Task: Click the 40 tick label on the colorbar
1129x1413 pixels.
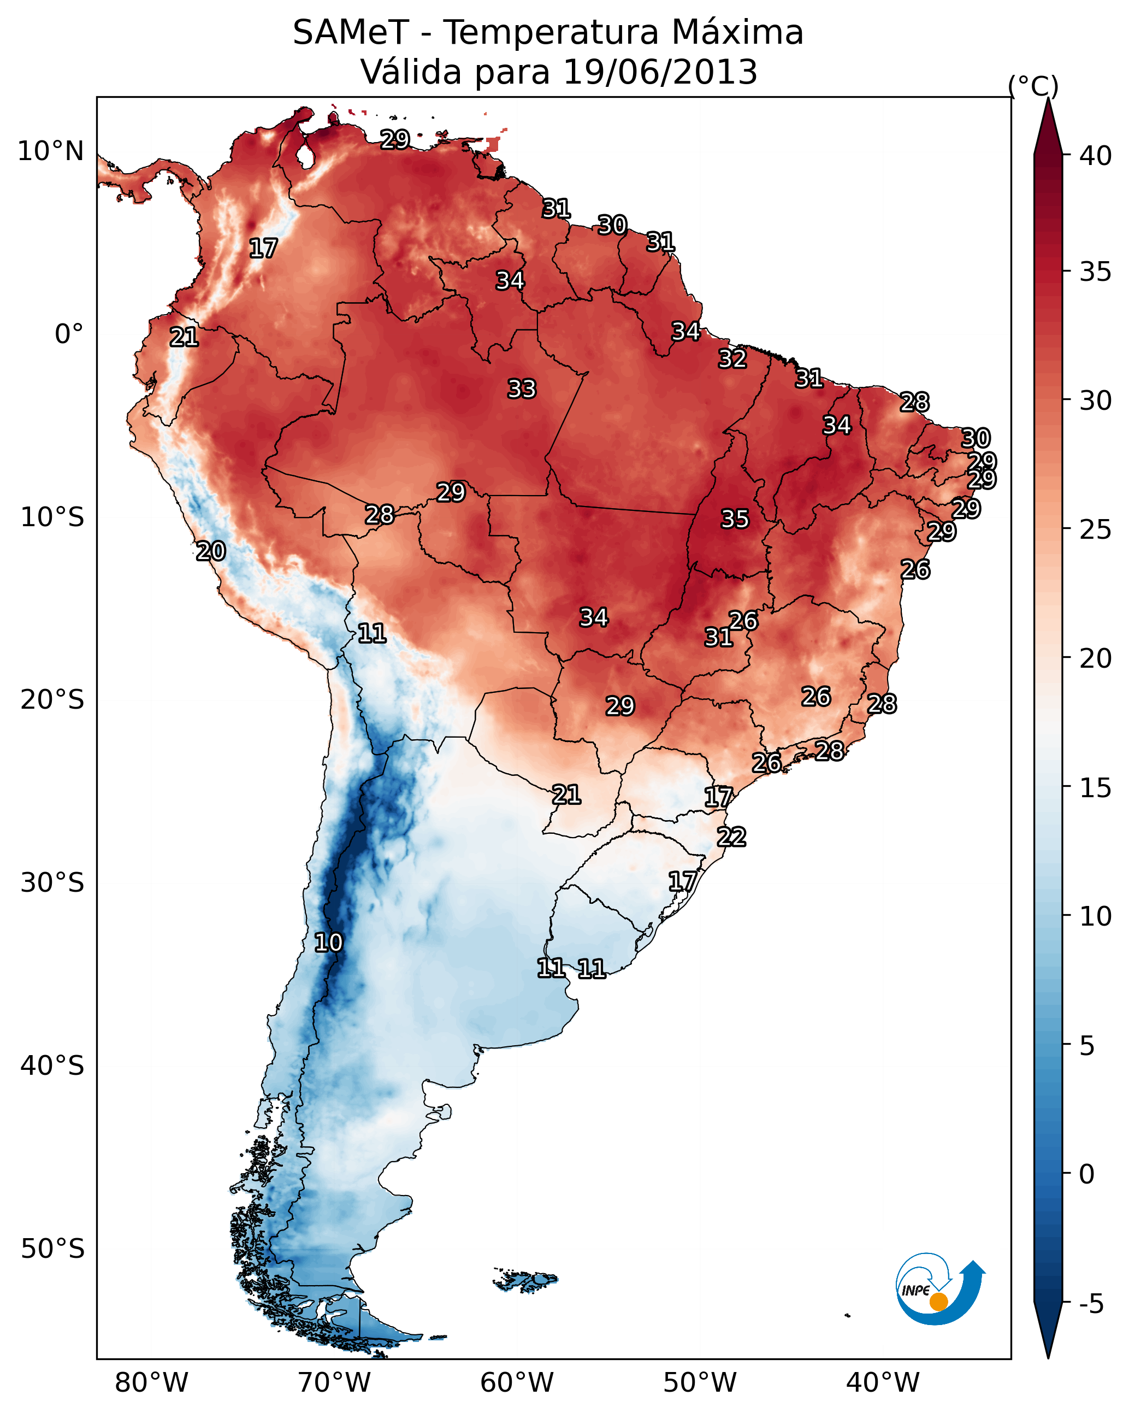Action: click(1095, 156)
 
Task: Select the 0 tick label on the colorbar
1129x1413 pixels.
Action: click(1086, 1174)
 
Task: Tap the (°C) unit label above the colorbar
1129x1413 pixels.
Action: click(1033, 86)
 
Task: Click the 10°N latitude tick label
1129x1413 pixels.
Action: click(50, 151)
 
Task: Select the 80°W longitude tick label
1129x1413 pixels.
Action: click(151, 1382)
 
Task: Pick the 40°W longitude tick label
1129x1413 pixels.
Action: click(883, 1382)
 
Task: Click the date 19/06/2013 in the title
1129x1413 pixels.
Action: click(660, 72)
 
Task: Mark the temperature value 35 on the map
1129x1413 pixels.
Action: click(735, 519)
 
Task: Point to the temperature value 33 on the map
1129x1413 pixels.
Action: click(522, 389)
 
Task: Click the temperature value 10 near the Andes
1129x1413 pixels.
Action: click(328, 943)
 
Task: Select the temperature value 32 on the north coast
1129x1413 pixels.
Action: click(732, 359)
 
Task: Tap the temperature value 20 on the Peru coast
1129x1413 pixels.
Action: click(211, 551)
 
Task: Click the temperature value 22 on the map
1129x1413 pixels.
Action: click(731, 837)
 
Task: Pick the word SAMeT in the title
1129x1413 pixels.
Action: click(351, 33)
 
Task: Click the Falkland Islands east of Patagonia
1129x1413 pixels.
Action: click(525, 1280)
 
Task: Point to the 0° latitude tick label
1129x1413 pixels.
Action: click(69, 334)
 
